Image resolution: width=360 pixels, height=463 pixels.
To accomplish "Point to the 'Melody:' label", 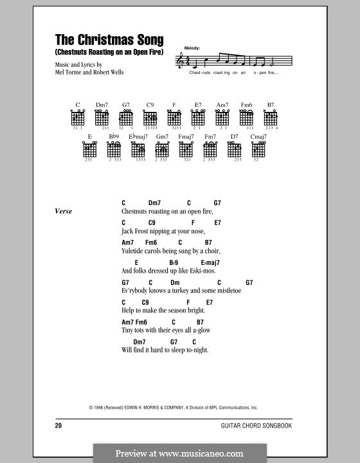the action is (x=192, y=48).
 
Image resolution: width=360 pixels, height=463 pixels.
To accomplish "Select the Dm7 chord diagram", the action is (x=102, y=118).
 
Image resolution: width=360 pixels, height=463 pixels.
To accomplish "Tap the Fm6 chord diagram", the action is (x=246, y=118).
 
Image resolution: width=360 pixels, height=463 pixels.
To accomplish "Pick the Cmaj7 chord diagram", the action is (x=258, y=150).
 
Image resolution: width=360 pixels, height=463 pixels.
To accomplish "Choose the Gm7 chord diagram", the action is (x=162, y=150).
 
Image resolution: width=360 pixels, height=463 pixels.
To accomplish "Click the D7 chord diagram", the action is (x=235, y=150).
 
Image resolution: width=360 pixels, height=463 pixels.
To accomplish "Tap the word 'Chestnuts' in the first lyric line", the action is (x=135, y=211).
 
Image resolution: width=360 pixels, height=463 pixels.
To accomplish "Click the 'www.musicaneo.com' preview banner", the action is (x=180, y=453).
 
